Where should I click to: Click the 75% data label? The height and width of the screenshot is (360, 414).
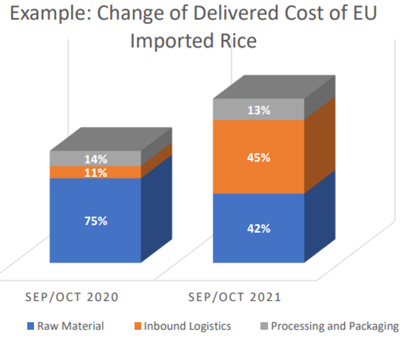(x=95, y=221)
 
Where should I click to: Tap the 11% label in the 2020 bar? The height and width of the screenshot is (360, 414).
(x=95, y=173)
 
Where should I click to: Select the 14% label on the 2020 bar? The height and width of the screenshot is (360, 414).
(x=95, y=160)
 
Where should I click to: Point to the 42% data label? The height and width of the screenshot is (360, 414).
(x=259, y=229)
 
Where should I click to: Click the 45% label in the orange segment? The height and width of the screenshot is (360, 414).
(x=259, y=158)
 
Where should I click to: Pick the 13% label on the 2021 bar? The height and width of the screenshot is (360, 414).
(x=259, y=110)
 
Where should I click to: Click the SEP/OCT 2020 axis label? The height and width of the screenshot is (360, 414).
(x=72, y=297)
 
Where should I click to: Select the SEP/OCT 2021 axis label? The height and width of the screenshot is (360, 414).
(x=235, y=297)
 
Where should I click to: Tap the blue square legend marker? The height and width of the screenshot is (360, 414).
(x=30, y=326)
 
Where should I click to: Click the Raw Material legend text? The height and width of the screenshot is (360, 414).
(x=71, y=326)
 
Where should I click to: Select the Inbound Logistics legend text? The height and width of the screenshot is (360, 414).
(x=188, y=326)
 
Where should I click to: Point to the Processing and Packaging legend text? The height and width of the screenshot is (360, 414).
(x=335, y=326)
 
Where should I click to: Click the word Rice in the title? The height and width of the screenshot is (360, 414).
(x=236, y=41)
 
